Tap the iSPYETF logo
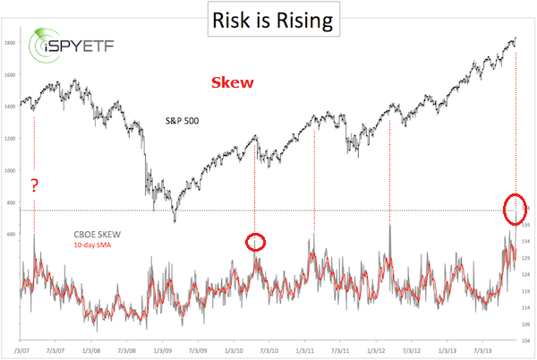click(x=63, y=50)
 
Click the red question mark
click(x=34, y=185)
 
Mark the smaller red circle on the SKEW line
click(x=256, y=241)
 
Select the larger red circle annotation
click(x=515, y=209)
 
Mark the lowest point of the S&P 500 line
click(x=175, y=221)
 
